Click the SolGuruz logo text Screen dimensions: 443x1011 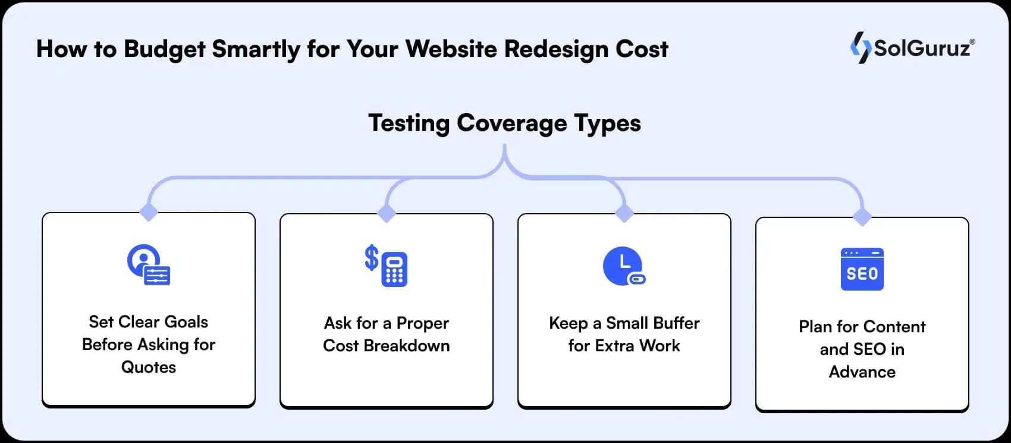point(922,48)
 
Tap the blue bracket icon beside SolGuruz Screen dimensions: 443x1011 point(860,48)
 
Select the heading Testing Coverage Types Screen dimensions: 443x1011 point(504,123)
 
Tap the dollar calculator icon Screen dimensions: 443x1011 point(387,266)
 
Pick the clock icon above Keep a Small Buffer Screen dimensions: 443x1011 point(624,266)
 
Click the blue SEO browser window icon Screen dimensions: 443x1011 point(862,269)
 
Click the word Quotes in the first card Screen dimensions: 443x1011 point(149,367)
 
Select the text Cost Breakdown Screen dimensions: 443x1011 point(387,345)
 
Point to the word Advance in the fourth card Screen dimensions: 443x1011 point(862,372)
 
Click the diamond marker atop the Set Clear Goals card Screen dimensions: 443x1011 point(149,211)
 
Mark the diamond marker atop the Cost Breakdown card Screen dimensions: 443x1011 point(387,213)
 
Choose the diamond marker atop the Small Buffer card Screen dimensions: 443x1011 point(624,213)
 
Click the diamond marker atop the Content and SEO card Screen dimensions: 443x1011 point(862,216)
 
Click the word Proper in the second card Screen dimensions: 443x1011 point(422,323)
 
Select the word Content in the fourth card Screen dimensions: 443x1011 point(894,326)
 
